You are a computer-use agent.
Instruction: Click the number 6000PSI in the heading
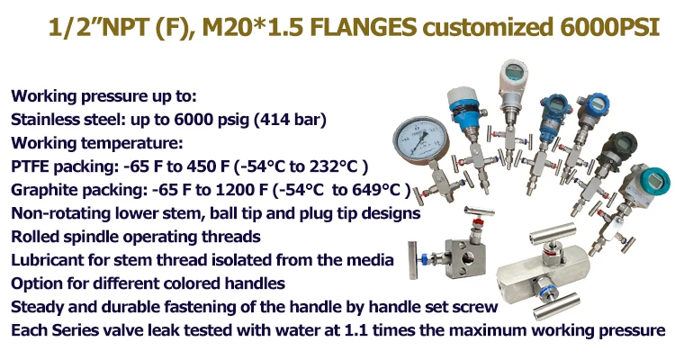point(609,28)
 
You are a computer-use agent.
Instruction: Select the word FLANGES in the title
point(363,28)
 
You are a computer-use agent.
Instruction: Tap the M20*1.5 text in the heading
point(253,28)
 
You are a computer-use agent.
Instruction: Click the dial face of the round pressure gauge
point(420,139)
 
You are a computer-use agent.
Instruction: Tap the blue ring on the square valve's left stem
point(424,258)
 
